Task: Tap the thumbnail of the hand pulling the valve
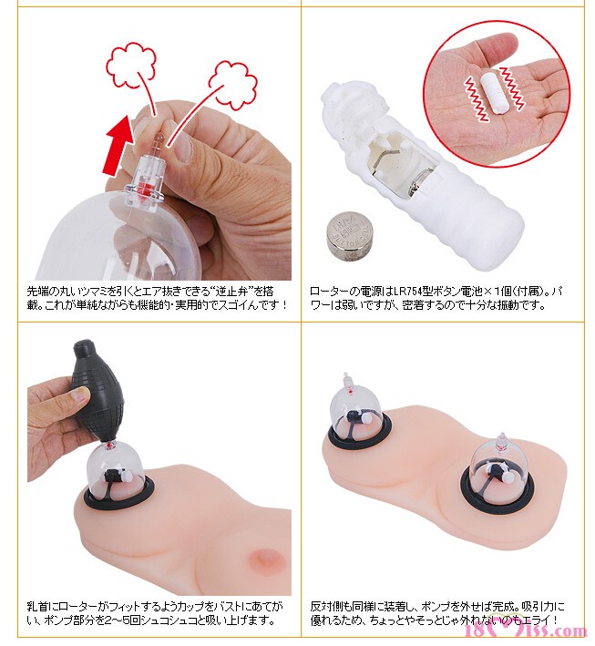184,147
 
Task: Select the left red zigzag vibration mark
477,99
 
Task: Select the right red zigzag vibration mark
512,88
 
